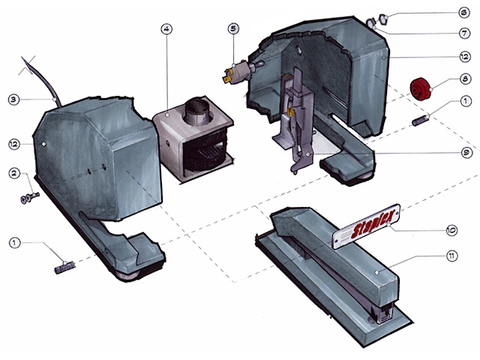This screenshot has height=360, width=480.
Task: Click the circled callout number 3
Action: (13, 100)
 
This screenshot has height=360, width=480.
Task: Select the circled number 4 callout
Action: (166, 29)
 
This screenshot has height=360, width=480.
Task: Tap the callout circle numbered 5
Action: (233, 28)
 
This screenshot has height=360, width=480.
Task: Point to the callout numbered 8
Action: (465, 79)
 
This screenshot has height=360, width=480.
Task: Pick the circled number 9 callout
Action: (466, 153)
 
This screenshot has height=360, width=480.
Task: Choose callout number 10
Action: (451, 230)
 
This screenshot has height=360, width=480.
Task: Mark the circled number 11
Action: (452, 256)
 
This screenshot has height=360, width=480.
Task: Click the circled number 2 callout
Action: (14, 173)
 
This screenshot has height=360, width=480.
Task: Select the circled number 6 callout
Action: (464, 13)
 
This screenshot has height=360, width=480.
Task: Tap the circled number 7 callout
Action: (465, 33)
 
